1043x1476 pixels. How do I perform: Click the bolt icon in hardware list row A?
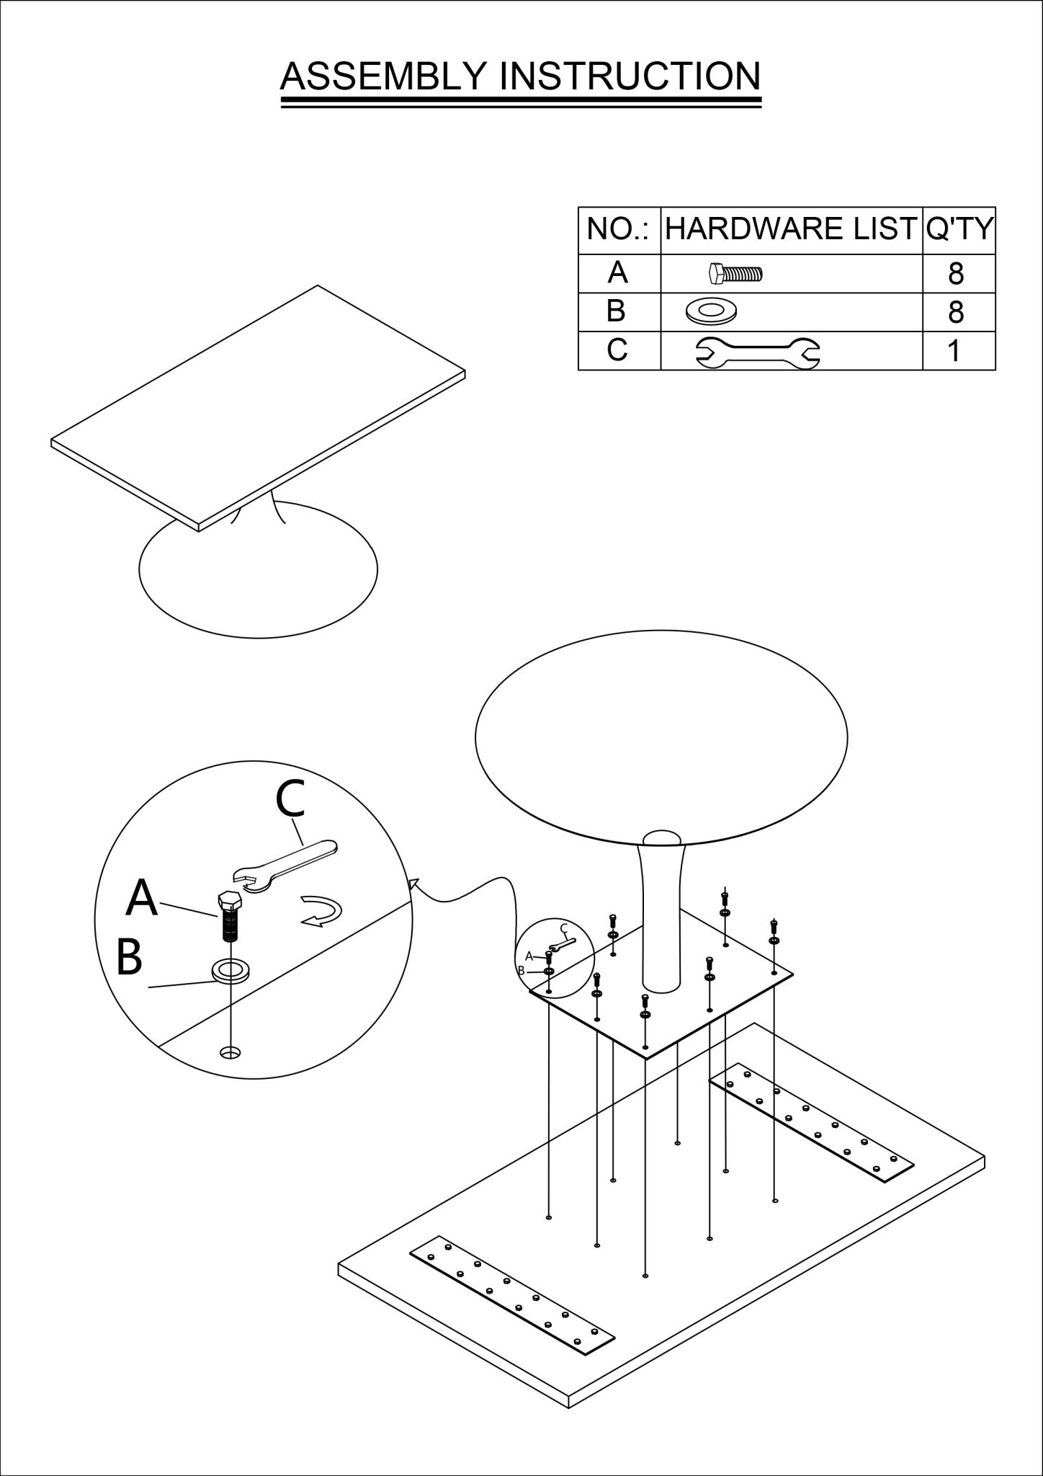(735, 274)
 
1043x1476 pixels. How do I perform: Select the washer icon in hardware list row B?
(711, 311)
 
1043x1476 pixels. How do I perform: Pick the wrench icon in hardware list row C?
(757, 352)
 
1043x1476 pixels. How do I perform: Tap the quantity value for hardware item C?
(954, 352)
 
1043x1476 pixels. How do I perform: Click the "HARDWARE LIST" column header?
(790, 229)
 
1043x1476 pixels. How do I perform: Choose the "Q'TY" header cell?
(959, 229)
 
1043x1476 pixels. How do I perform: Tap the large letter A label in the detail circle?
(141, 897)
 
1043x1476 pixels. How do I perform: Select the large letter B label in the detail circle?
(129, 958)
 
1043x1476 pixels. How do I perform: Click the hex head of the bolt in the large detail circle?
(230, 900)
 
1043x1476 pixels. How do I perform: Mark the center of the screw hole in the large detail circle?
(230, 1053)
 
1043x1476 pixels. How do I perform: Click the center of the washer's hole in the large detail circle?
(230, 970)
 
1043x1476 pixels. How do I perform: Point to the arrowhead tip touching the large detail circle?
(411, 879)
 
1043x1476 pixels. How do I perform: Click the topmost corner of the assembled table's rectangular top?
(318, 285)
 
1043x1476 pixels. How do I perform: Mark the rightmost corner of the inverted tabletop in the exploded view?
(984, 1158)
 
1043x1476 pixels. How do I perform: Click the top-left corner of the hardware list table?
(578, 208)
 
